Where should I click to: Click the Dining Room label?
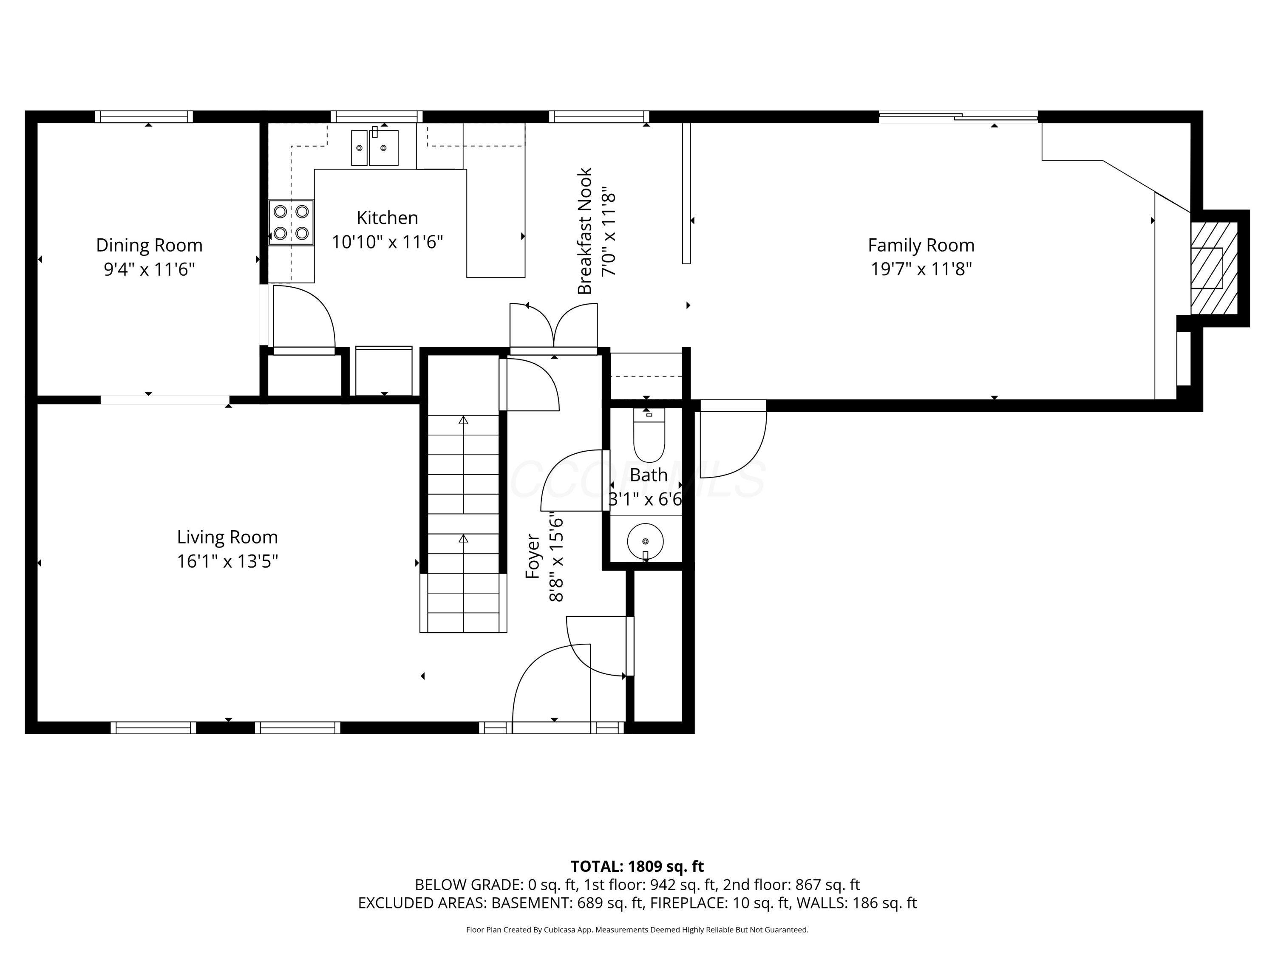[x=149, y=246]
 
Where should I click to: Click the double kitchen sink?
[x=375, y=147]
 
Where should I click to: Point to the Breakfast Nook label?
[x=584, y=231]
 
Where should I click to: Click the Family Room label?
[x=921, y=246]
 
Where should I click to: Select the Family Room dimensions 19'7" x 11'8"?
[x=921, y=269]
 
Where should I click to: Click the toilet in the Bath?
[x=649, y=435]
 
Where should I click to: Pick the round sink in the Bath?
[x=646, y=542]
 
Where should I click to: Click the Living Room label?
[x=227, y=537]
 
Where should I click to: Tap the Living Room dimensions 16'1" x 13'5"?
[x=227, y=561]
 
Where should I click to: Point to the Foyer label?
[x=533, y=556]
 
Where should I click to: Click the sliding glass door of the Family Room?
[x=958, y=117]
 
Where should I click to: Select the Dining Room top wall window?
[x=144, y=117]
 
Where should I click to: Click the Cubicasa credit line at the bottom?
[x=637, y=930]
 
